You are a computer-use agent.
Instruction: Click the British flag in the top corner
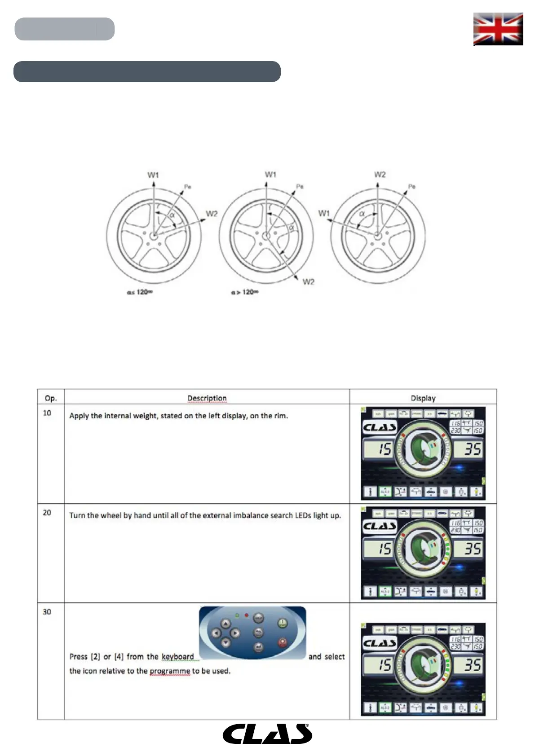498,29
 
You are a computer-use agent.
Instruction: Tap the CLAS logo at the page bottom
267,734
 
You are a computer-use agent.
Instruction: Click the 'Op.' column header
51,398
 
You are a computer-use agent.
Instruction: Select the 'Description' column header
207,398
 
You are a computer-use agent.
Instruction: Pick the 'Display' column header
423,398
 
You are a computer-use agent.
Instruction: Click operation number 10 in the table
47,413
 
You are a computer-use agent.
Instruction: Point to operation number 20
47,513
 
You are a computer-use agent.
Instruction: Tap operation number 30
47,612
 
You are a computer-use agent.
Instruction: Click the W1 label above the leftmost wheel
153,175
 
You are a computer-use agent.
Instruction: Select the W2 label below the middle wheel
308,282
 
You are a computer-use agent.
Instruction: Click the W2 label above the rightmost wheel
380,175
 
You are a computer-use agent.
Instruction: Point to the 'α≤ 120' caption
140,292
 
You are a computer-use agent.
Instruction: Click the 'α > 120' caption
244,292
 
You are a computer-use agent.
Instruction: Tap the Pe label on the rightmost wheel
411,186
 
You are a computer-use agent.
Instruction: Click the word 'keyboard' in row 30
178,657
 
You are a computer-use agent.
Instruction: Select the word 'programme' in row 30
170,671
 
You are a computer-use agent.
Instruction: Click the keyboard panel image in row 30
252,633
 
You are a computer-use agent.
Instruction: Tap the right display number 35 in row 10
472,449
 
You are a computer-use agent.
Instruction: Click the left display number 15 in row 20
385,549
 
